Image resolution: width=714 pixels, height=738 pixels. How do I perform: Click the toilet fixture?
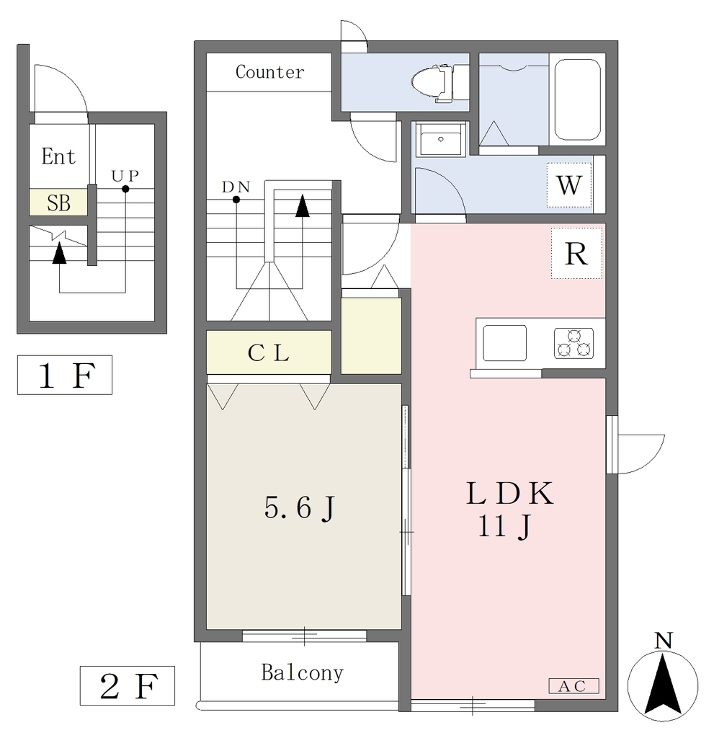(x=440, y=84)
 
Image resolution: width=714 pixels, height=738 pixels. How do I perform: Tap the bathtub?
(x=577, y=99)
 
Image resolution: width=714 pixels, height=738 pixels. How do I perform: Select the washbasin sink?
(x=440, y=139)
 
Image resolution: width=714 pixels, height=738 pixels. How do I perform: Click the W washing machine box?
(x=569, y=185)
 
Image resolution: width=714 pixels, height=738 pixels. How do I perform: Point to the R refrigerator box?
(x=576, y=253)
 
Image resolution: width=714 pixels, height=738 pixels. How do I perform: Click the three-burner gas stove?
(x=574, y=343)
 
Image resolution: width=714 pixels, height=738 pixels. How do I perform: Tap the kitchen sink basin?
(x=504, y=343)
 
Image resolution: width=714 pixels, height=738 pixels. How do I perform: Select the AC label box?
(x=574, y=686)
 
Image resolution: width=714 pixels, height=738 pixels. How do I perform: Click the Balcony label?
(x=302, y=672)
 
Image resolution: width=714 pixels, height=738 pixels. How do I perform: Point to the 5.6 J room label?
(x=300, y=508)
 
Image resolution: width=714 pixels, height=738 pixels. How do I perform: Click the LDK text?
(x=509, y=494)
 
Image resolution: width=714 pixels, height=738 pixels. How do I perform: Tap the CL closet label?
(x=268, y=353)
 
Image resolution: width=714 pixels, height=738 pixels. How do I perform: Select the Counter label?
(x=269, y=72)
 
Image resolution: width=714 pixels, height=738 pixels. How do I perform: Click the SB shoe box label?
(x=59, y=203)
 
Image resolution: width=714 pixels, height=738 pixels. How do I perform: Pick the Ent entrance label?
(x=58, y=156)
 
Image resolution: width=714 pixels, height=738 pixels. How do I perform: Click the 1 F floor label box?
(x=65, y=375)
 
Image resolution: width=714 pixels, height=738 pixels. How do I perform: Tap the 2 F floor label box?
(x=128, y=686)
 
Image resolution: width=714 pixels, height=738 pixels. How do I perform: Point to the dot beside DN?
(x=236, y=200)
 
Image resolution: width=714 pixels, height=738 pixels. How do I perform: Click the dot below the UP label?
(x=125, y=190)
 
